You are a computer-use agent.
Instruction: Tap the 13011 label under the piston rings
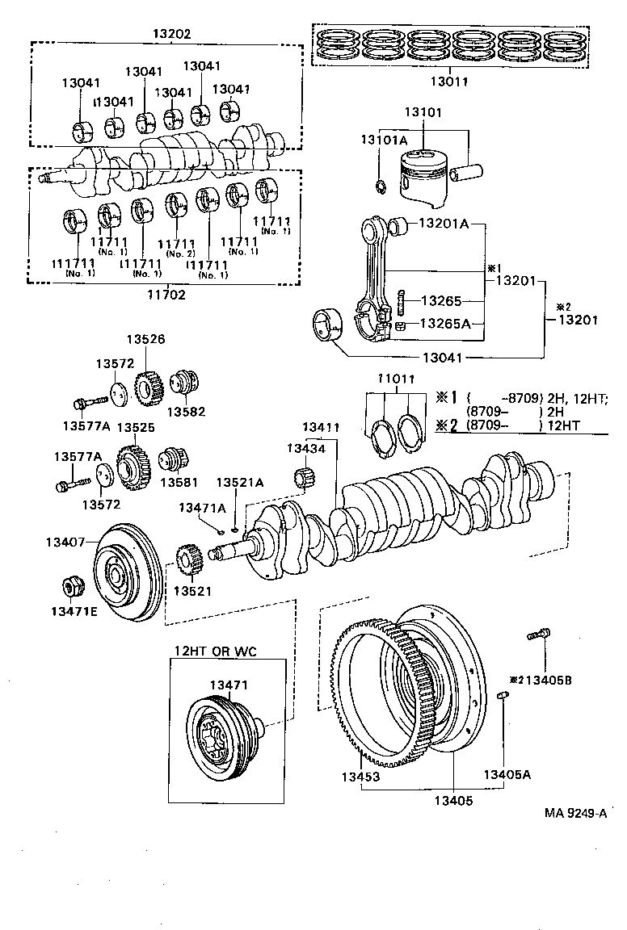tap(448, 81)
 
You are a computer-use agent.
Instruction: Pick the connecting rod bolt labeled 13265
tap(402, 302)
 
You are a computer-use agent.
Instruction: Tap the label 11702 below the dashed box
tap(166, 295)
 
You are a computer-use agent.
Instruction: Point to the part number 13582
tap(186, 412)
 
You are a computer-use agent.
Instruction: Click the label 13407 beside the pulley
tap(64, 542)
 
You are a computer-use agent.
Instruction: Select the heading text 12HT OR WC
tap(215, 651)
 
